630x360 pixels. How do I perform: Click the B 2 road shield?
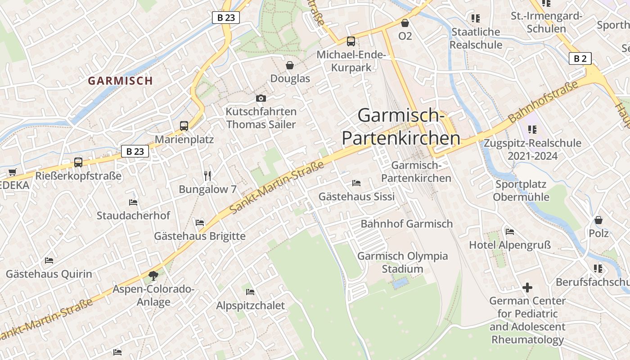coord(580,58)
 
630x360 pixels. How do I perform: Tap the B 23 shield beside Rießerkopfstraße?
coord(135,151)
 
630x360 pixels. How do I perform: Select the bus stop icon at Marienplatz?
coord(184,126)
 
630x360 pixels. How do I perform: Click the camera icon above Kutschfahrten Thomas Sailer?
coord(261,98)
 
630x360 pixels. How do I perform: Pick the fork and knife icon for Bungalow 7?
coord(207,175)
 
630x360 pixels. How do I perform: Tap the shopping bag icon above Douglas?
coord(290,65)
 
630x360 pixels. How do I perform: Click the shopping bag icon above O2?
coord(405,22)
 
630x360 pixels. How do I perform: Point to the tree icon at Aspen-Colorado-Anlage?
coord(153,275)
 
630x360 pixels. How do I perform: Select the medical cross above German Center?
coord(527,287)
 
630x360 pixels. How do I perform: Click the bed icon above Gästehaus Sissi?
coord(356,183)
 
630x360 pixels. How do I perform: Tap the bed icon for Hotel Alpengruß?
coord(510,232)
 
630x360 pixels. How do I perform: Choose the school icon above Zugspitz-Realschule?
coord(532,130)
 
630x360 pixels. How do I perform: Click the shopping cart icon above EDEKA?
coord(12,172)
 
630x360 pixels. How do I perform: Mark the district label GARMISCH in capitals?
coord(120,81)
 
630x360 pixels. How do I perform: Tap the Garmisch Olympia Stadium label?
coord(402,262)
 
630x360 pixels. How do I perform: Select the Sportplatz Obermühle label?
coord(521,190)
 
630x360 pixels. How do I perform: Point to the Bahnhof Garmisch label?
coord(406,224)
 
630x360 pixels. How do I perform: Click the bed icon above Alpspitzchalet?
coord(250,292)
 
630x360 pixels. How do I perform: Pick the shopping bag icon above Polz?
coord(598,220)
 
